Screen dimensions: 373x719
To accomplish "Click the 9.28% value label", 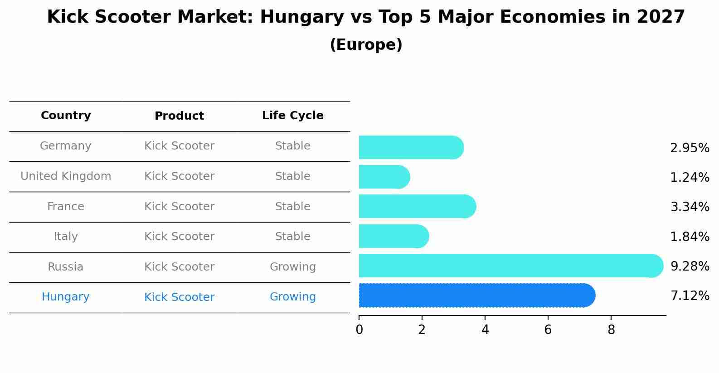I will (690, 266).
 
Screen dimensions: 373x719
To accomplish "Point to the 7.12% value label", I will (690, 296).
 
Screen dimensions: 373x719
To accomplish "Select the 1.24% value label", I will (690, 177).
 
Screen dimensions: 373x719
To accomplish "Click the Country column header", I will (66, 116).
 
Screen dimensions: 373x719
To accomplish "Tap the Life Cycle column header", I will (292, 116).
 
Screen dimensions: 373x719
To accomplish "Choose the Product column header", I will (179, 116).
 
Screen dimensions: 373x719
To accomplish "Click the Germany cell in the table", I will (66, 146).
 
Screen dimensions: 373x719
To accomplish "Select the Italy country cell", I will (66, 237).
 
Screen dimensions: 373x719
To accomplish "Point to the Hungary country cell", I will (66, 297).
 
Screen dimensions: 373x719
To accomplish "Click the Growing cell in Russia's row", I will (292, 267).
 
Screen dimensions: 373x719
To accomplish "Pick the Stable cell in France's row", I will (292, 207).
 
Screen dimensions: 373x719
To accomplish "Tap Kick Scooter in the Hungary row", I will (179, 297).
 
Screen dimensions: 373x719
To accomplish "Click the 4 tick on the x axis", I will (485, 330).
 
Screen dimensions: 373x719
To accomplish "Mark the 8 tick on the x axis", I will (611, 330).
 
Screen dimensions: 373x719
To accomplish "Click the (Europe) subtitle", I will (366, 45).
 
